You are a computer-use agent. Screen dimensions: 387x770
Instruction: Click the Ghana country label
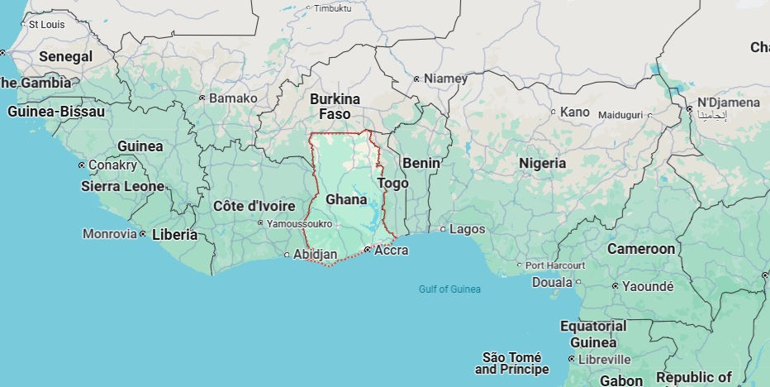pyautogui.click(x=346, y=199)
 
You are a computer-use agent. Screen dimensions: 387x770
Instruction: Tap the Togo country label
pyautogui.click(x=392, y=183)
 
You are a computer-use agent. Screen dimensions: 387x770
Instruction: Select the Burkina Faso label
pyautogui.click(x=335, y=107)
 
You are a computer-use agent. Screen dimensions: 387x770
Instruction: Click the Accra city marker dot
pyautogui.click(x=367, y=249)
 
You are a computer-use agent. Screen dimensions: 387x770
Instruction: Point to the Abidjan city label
pyautogui.click(x=316, y=254)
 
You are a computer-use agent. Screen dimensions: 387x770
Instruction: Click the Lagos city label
pyautogui.click(x=468, y=229)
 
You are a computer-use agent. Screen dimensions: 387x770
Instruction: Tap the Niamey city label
pyautogui.click(x=445, y=79)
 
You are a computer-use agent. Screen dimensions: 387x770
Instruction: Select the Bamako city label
pyautogui.click(x=233, y=98)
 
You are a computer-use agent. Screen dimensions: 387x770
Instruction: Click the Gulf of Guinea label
pyautogui.click(x=449, y=289)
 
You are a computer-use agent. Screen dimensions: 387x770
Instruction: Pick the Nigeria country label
pyautogui.click(x=542, y=163)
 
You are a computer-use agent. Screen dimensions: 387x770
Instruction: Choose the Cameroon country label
pyautogui.click(x=641, y=249)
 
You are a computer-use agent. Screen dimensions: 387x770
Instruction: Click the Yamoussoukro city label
pyautogui.click(x=299, y=223)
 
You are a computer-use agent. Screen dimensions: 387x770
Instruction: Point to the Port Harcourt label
pyautogui.click(x=555, y=265)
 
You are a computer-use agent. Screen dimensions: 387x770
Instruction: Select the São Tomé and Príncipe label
pyautogui.click(x=516, y=363)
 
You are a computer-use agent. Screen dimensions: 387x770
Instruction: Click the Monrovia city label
pyautogui.click(x=110, y=234)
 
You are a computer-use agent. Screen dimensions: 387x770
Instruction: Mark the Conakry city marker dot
pyautogui.click(x=81, y=165)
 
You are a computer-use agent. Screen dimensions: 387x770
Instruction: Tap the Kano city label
pyautogui.click(x=574, y=112)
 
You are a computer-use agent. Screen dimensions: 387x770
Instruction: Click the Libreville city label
pyautogui.click(x=606, y=360)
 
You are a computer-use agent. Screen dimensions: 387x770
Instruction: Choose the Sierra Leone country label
pyautogui.click(x=122, y=186)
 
